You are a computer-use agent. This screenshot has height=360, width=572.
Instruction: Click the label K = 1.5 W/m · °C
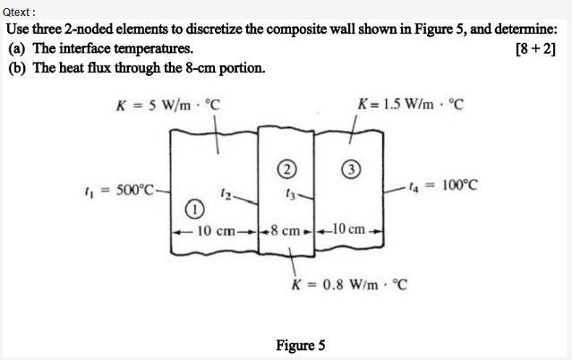[410, 104]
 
